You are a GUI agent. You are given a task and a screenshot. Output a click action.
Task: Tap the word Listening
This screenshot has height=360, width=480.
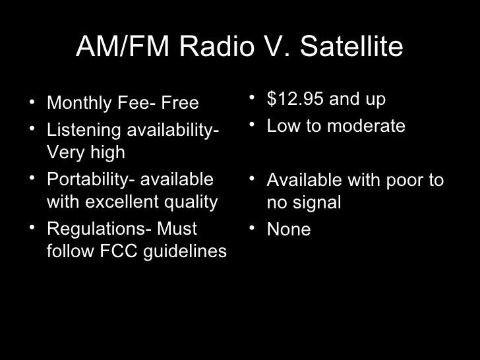(x=80, y=129)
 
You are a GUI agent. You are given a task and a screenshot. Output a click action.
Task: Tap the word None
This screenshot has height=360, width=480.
(x=288, y=229)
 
